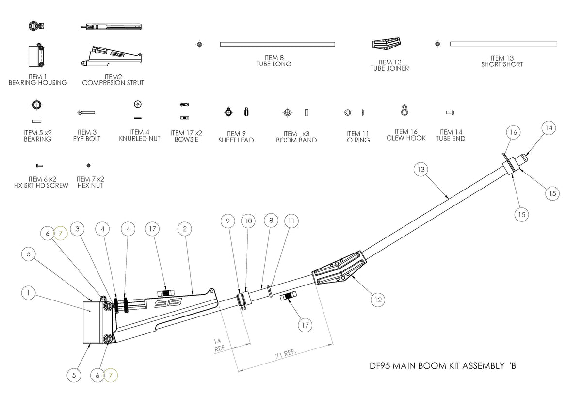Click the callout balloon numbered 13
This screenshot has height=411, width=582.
click(421, 170)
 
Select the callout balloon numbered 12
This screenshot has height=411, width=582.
click(378, 300)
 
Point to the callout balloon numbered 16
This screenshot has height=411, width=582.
click(514, 132)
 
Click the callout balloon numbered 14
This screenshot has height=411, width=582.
click(548, 128)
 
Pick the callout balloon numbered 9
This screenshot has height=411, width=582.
click(228, 221)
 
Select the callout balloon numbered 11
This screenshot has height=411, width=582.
click(291, 221)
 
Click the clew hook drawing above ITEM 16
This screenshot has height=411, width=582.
click(404, 111)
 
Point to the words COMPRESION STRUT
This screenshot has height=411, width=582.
click(113, 83)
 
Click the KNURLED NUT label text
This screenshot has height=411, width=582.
click(140, 139)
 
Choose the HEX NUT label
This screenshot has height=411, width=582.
click(90, 186)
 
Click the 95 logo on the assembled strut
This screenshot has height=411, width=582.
click(168, 303)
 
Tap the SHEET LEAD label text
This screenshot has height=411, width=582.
click(236, 140)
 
